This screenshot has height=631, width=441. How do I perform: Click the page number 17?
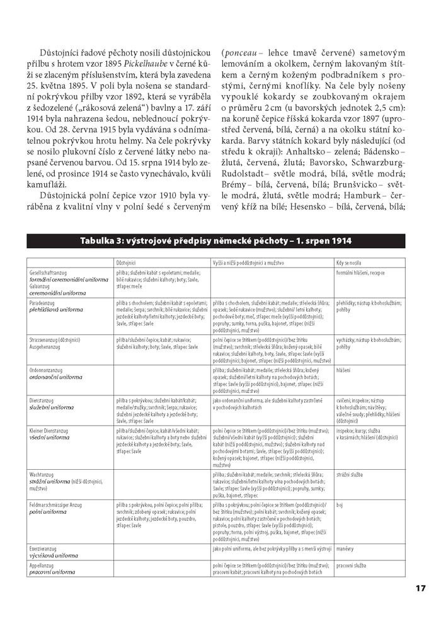click(421, 589)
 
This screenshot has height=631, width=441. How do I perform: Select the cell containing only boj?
click(340, 505)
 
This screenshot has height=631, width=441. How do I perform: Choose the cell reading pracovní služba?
click(352, 566)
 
